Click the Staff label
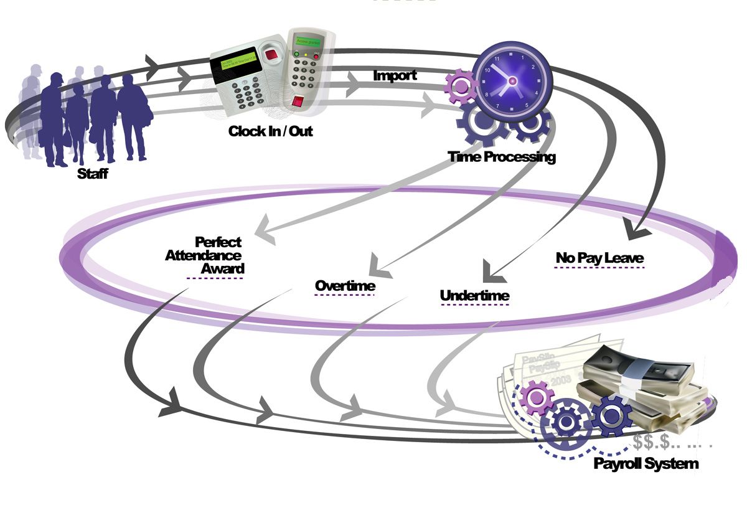[x=92, y=174]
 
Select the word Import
[x=395, y=76]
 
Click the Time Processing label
[x=501, y=156]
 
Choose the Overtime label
[x=345, y=286]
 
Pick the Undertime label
[x=474, y=295]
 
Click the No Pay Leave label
[x=599, y=258]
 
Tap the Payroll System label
[x=646, y=463]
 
